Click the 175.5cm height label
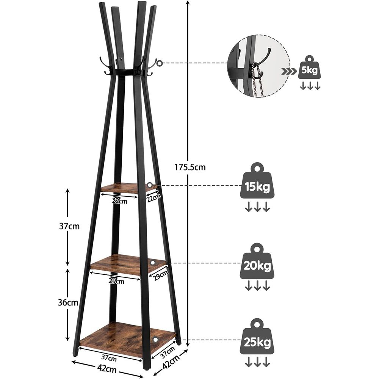(x=190, y=167)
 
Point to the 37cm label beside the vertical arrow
(x=69, y=227)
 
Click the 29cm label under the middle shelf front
(x=117, y=281)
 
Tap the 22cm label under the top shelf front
(x=120, y=201)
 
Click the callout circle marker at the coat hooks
(x=160, y=63)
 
